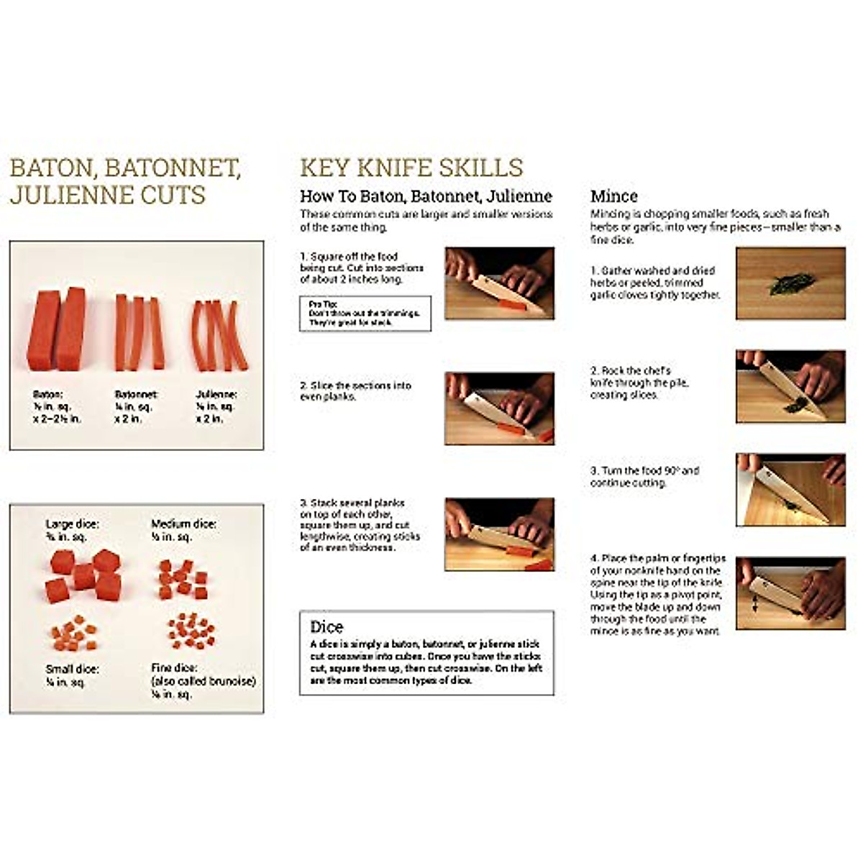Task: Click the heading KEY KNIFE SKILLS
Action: point(411,168)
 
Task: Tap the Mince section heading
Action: point(613,196)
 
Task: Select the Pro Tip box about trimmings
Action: point(365,314)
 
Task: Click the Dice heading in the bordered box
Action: point(327,626)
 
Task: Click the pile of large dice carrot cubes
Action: point(83,575)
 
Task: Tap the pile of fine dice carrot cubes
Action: point(191,631)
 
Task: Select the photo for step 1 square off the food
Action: point(499,283)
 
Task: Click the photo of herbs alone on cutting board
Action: point(790,283)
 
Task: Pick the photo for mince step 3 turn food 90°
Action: point(790,489)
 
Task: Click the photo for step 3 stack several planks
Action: point(499,534)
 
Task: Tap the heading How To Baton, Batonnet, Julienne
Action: point(426,196)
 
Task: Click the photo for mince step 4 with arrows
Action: point(790,593)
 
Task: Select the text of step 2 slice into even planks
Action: point(355,391)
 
